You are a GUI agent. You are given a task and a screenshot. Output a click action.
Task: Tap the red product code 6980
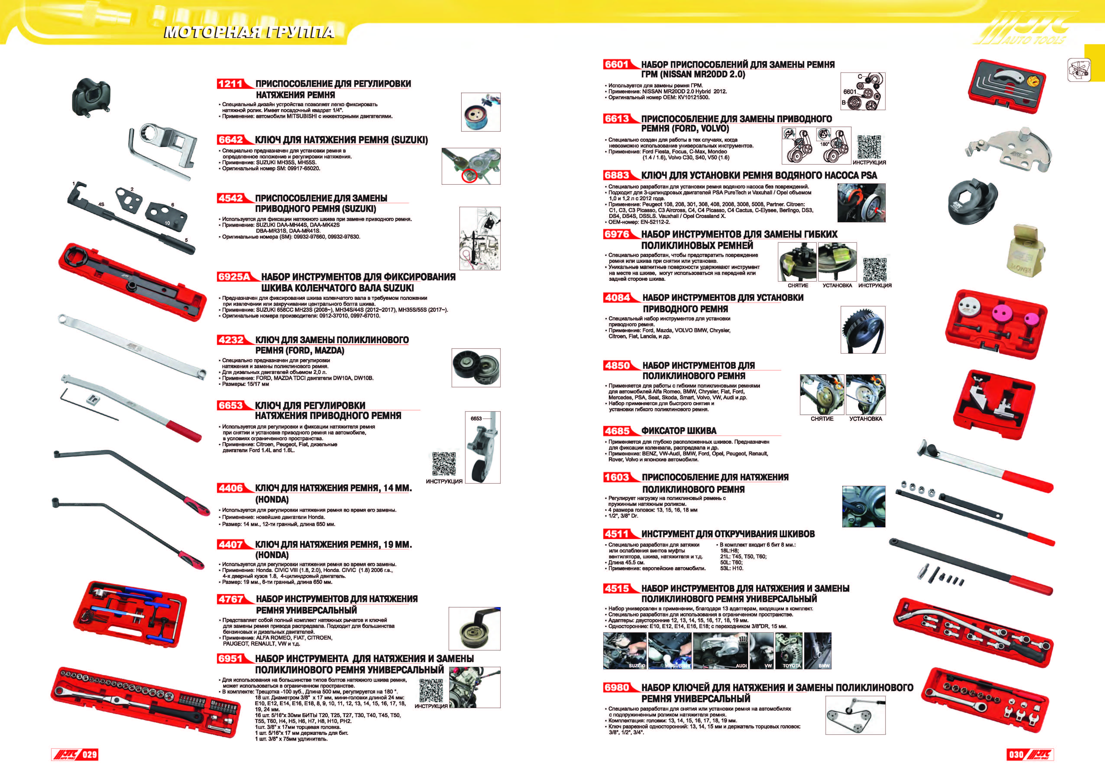pos(616,687)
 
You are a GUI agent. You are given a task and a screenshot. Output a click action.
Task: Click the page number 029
pos(89,754)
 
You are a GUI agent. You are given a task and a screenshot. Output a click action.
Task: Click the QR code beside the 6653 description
pos(444,464)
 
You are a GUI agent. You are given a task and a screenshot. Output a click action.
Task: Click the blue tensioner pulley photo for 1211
pos(480,112)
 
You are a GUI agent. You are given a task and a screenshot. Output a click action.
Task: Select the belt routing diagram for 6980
pos(855,715)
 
